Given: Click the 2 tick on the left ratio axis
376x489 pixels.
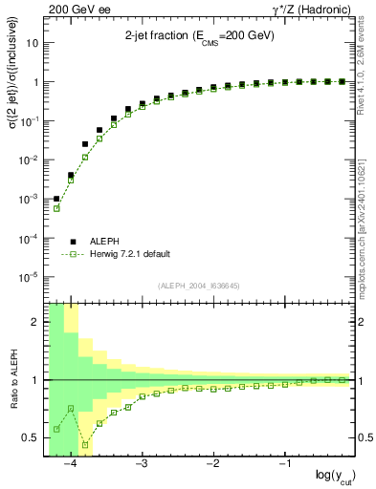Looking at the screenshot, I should pyautogui.click(x=36, y=322).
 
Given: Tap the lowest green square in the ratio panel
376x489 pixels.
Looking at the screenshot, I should pyautogui.click(x=85, y=445).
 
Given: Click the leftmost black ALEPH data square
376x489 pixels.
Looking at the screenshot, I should pyautogui.click(x=56, y=199).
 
